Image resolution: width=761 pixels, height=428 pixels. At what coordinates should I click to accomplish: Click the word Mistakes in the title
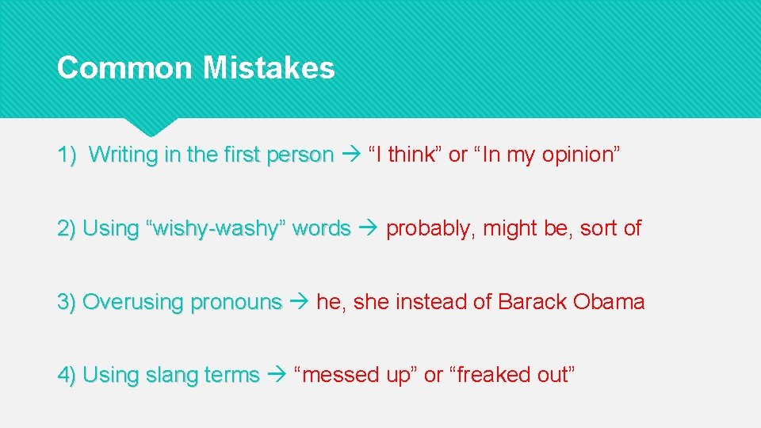[269, 67]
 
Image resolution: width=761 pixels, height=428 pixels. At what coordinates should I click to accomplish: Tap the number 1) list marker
[67, 155]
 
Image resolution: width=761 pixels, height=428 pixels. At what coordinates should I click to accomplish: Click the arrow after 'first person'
[351, 155]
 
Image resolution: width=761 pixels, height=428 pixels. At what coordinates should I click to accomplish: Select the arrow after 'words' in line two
[368, 228]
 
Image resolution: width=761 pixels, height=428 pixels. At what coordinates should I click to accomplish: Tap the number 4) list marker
[67, 375]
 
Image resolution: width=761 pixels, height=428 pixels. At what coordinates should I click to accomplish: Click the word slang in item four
[173, 375]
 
